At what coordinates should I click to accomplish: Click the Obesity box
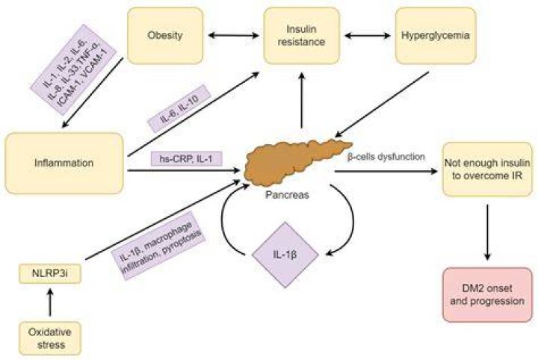click(x=165, y=36)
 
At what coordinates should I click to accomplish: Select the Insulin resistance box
click(x=301, y=36)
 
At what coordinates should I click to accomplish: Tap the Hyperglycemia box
click(x=436, y=36)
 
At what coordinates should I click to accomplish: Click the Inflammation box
click(x=64, y=164)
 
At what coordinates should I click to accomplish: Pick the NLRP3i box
click(x=50, y=273)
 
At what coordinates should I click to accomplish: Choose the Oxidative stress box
click(x=50, y=338)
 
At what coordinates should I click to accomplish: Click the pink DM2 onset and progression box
click(x=487, y=295)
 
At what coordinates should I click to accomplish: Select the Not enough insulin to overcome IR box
click(x=487, y=169)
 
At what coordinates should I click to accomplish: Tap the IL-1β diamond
click(x=285, y=255)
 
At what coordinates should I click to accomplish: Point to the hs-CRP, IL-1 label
click(x=186, y=159)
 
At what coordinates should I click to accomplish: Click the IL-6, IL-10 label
click(x=179, y=108)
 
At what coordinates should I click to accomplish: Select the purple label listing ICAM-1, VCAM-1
click(x=73, y=69)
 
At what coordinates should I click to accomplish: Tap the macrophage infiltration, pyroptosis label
click(x=158, y=246)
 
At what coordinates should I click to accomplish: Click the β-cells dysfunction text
click(x=386, y=157)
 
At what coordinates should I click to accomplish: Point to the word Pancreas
click(x=287, y=195)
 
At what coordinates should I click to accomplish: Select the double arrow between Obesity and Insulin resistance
click(x=234, y=35)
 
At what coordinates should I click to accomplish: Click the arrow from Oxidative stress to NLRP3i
click(x=50, y=302)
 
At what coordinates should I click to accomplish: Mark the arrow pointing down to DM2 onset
click(x=487, y=232)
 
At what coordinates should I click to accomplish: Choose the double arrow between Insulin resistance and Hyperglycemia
click(x=368, y=35)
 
